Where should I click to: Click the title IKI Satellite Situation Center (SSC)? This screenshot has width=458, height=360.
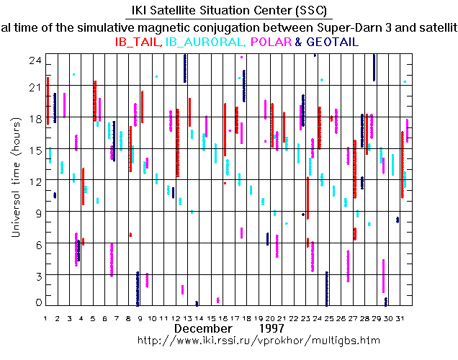coord(229,11)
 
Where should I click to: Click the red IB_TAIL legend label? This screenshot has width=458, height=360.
coord(139,42)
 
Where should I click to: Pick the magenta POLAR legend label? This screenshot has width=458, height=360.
coord(272,42)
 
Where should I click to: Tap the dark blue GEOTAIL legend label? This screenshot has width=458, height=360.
coord(333,42)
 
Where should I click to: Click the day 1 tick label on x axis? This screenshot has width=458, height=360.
coord(46,318)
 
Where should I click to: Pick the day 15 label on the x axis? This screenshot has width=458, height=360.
coord(212,318)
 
